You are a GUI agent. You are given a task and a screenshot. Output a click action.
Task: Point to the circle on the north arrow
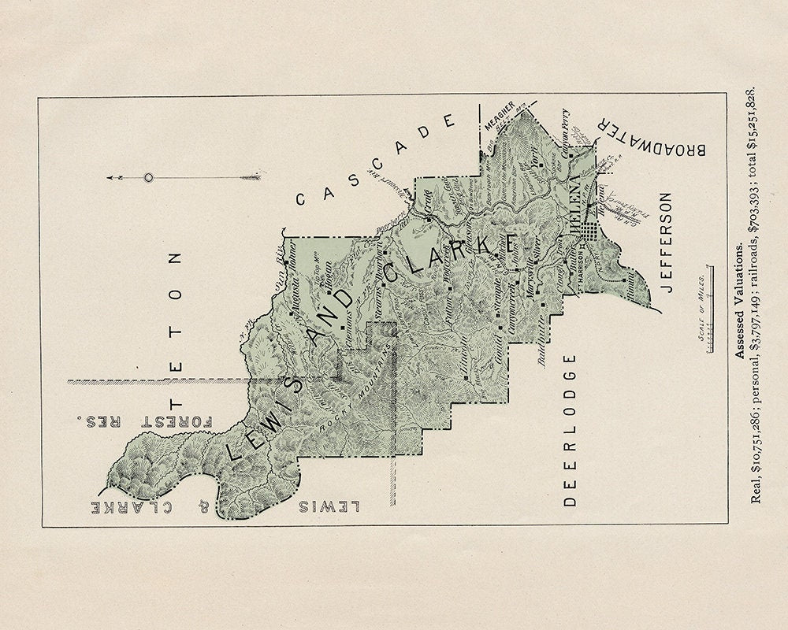[x=147, y=178]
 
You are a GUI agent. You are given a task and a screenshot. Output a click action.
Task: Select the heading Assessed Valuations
[x=739, y=299]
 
